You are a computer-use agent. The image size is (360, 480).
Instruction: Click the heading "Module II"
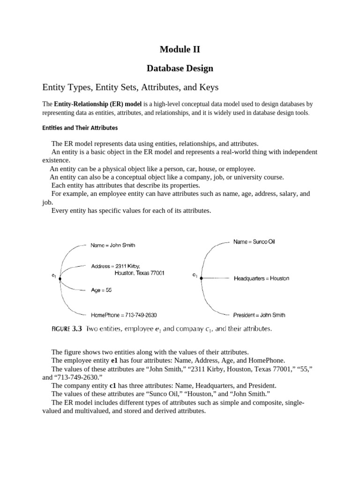180,49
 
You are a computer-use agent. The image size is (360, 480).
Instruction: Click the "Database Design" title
180,68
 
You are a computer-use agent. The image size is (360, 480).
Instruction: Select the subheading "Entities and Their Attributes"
80,127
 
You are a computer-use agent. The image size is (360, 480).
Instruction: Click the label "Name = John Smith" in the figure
113,245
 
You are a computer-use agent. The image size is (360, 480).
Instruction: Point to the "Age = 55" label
101,290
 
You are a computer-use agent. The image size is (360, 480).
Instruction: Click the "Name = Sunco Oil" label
254,242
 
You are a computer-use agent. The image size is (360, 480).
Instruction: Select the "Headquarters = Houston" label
261,278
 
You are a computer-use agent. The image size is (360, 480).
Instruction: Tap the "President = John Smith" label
259,315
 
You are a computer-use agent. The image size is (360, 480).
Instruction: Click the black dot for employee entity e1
60,278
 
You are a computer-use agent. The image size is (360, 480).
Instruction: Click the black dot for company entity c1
201,278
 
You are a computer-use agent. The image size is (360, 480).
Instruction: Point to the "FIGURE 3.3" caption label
66,329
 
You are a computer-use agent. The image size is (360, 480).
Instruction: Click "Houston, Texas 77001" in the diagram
139,273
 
